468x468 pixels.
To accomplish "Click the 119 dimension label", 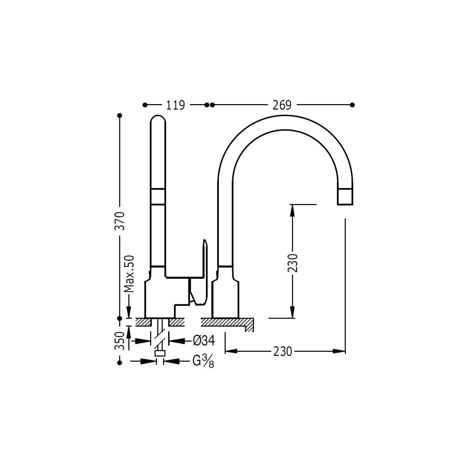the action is point(175,105).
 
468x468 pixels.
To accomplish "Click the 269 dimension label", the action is point(282,105).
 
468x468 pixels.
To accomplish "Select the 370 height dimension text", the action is point(120,221).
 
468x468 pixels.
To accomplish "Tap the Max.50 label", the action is point(129,273).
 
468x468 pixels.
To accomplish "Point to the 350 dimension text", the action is point(119,341).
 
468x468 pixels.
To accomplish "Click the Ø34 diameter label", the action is point(204,341).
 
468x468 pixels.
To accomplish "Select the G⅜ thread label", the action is point(203,362).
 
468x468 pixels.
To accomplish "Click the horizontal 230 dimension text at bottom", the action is point(282,351).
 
